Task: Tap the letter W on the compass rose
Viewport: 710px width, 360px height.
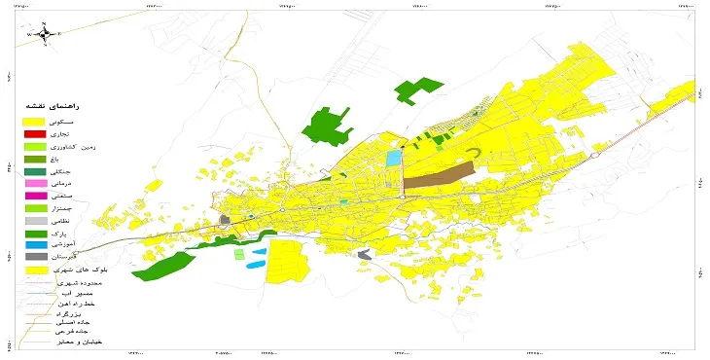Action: coord(29,34)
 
